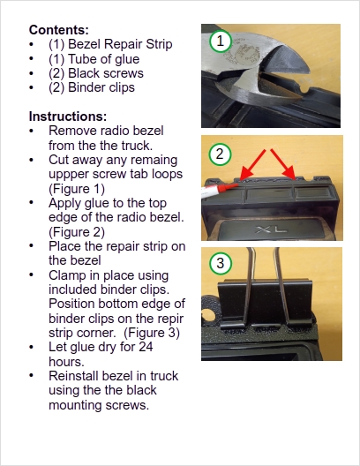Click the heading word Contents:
[x=59, y=30]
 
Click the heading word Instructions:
[x=68, y=116]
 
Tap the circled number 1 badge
[x=220, y=41]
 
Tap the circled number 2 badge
[x=220, y=154]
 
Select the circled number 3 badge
[x=220, y=263]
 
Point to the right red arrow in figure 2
[x=283, y=164]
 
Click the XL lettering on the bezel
[x=271, y=229]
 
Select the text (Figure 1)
[x=77, y=189]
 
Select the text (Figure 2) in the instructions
[x=77, y=232]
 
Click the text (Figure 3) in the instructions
[x=152, y=333]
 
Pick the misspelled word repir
[x=171, y=319]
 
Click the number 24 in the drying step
[x=146, y=347]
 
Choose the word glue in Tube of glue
[x=127, y=59]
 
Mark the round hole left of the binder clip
[x=208, y=315]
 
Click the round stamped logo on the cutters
[x=247, y=54]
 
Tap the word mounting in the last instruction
[x=75, y=405]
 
